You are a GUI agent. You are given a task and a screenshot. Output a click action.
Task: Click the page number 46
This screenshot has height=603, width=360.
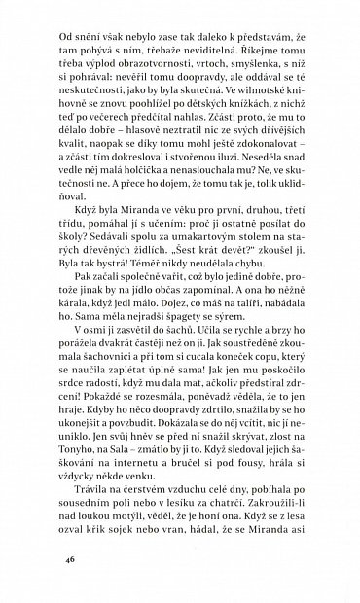[43, 561]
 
